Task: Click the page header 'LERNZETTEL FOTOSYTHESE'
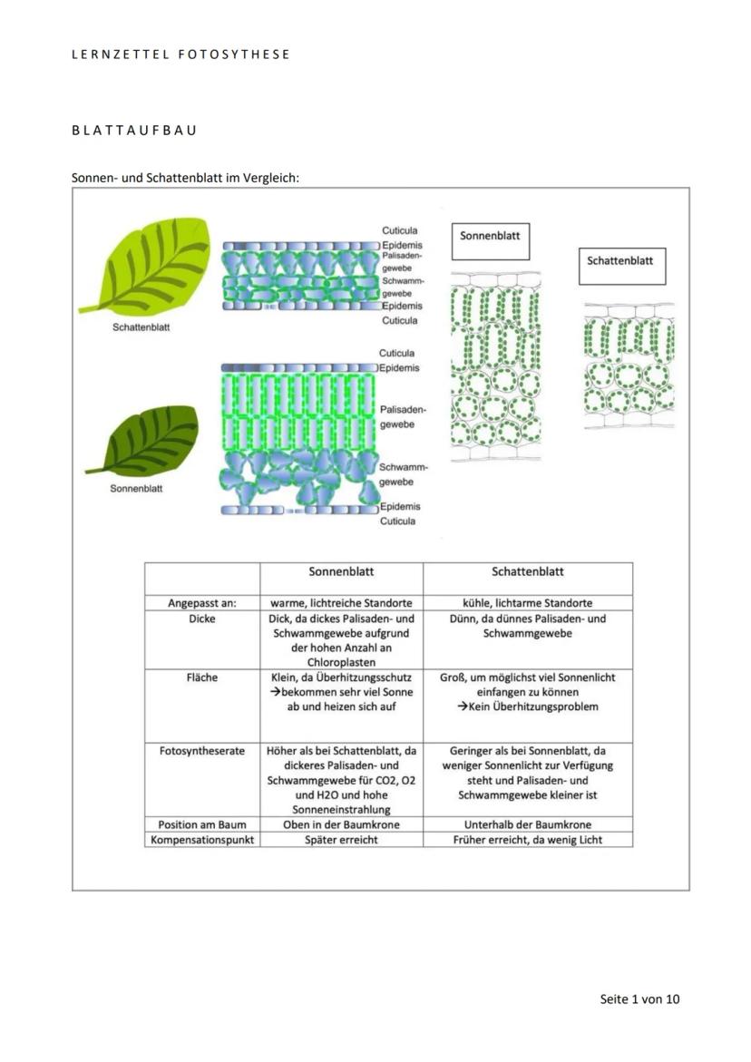pyautogui.click(x=180, y=54)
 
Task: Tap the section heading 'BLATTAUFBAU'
pyautogui.click(x=134, y=131)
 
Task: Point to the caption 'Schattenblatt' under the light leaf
pyautogui.click(x=141, y=327)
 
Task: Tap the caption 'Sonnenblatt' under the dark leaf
pyautogui.click(x=136, y=489)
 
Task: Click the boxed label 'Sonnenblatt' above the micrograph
pyautogui.click(x=490, y=236)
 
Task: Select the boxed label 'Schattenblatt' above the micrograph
pyautogui.click(x=619, y=260)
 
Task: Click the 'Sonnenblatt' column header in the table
pyautogui.click(x=341, y=572)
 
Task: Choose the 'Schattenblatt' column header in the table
pyautogui.click(x=528, y=572)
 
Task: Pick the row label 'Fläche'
pyautogui.click(x=201, y=677)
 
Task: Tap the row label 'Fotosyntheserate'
pyautogui.click(x=201, y=751)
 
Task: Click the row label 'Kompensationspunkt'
pyautogui.click(x=201, y=840)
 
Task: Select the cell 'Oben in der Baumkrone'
pyautogui.click(x=341, y=824)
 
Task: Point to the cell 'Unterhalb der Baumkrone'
pyautogui.click(x=528, y=824)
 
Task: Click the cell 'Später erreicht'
pyautogui.click(x=341, y=840)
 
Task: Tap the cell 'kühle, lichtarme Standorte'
pyautogui.click(x=528, y=602)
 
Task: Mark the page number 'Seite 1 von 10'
pyautogui.click(x=639, y=999)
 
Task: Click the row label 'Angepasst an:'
pyautogui.click(x=201, y=602)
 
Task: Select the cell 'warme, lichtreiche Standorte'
pyautogui.click(x=341, y=602)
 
